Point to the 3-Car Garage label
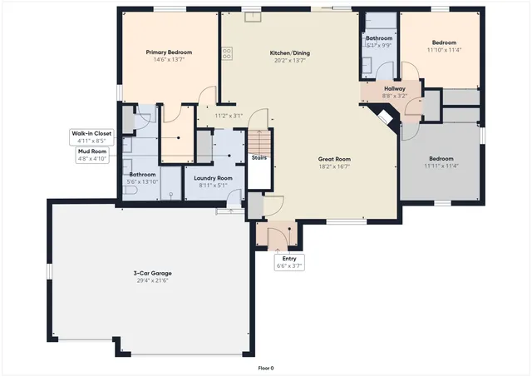(152, 273)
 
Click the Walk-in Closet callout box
(91, 137)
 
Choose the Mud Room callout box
(91, 155)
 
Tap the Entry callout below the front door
(289, 262)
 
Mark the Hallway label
(394, 89)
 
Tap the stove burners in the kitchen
(226, 53)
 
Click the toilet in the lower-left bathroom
(130, 190)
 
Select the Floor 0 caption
(265, 368)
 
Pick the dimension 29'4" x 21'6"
(152, 280)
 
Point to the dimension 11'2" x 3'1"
(229, 116)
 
